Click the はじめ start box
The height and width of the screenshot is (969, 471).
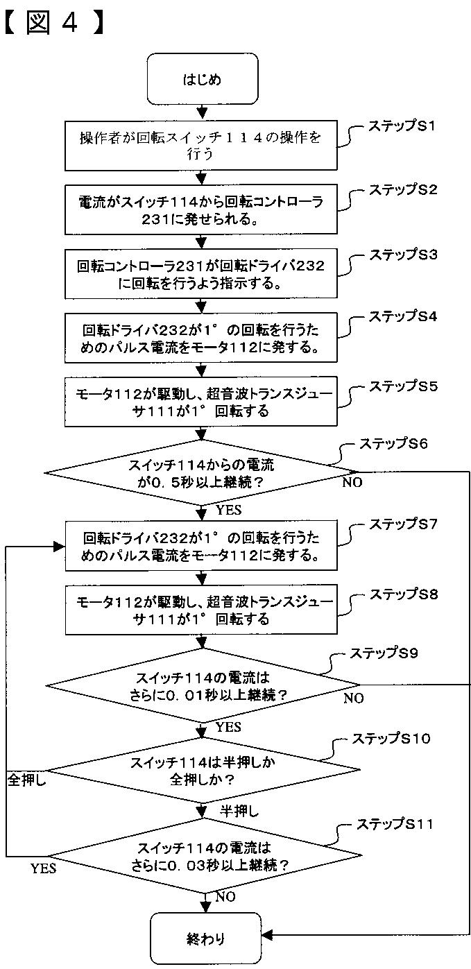click(202, 79)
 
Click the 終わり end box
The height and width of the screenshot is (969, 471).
click(206, 938)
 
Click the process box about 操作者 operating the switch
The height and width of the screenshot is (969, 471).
click(201, 146)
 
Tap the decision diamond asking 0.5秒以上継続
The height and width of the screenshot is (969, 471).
click(201, 473)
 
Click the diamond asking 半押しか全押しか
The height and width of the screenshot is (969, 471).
click(201, 769)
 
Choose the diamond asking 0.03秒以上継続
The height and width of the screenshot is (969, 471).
click(201, 856)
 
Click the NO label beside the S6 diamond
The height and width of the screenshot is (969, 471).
click(352, 483)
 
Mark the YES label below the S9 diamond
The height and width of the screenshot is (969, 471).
click(228, 727)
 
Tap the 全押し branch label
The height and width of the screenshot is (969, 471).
click(26, 779)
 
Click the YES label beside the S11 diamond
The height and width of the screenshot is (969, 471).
click(43, 868)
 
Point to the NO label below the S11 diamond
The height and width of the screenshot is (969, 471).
click(225, 897)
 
